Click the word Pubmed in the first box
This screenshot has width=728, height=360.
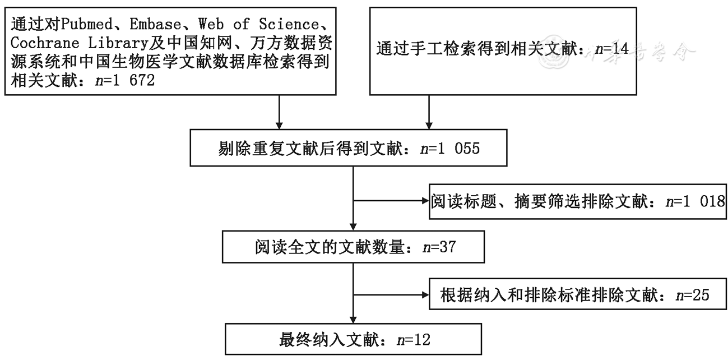click(x=86, y=24)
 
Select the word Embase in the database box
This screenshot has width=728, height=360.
click(x=155, y=24)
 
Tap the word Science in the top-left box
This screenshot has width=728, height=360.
click(x=289, y=24)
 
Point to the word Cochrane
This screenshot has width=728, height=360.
click(x=45, y=43)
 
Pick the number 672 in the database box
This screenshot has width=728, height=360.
click(x=142, y=80)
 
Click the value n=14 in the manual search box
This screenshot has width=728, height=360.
click(x=611, y=49)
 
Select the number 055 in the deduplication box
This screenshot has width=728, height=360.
click(x=467, y=149)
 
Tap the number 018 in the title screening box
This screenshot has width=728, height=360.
click(x=712, y=202)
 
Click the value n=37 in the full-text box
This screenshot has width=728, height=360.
click(x=439, y=247)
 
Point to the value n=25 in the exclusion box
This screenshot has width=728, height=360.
click(x=692, y=296)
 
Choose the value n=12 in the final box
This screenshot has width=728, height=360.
click(x=414, y=340)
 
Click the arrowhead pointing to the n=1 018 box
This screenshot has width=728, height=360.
click(x=425, y=201)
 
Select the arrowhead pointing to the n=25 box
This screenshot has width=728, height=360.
click(x=425, y=295)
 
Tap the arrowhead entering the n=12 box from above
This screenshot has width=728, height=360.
click(x=353, y=320)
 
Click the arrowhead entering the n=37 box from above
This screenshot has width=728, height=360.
click(x=353, y=227)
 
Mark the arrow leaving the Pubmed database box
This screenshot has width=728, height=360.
click(x=279, y=112)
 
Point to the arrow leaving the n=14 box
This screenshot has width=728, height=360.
click(x=429, y=112)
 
